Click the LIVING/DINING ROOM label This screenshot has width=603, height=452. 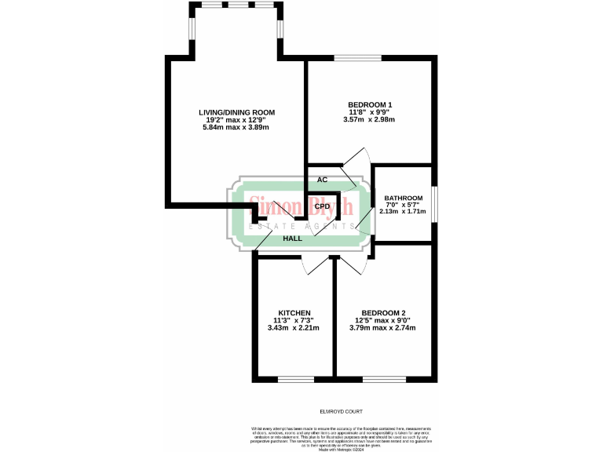tap(236, 112)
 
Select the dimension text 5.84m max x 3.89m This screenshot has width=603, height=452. tap(236, 127)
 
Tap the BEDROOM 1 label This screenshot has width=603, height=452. tap(369, 105)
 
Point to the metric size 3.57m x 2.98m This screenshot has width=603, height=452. tap(369, 120)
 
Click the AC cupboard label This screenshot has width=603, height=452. tap(322, 180)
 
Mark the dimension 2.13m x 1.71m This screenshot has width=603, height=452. tap(402, 212)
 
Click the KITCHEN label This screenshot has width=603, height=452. tap(294, 312)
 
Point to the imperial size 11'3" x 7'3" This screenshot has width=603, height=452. tap(294, 320)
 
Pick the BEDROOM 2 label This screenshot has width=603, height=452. tap(382, 312)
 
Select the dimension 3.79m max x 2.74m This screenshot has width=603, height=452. tap(382, 327)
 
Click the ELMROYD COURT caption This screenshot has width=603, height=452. tap(342, 411)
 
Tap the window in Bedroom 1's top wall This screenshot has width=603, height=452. tap(358, 58)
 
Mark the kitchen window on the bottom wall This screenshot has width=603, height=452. tap(295, 379)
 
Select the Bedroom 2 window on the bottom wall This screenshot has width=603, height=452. tap(385, 379)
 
